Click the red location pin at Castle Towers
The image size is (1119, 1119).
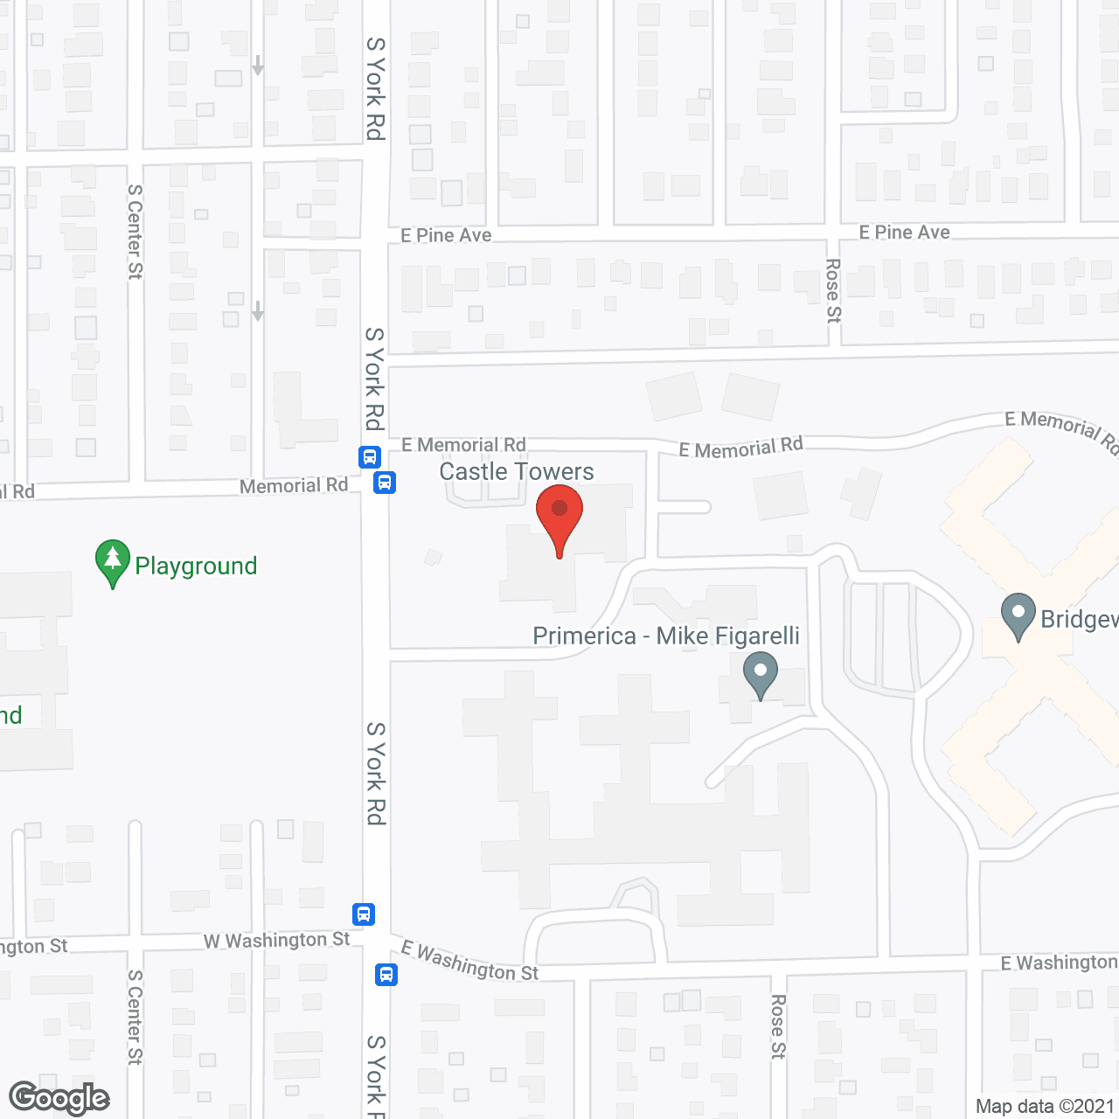coord(559,517)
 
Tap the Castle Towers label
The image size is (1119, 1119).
coord(516,472)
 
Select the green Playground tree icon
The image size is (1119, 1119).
coord(112,562)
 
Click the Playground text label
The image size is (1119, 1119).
coord(196,566)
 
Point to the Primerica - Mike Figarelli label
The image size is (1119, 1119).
coord(666,636)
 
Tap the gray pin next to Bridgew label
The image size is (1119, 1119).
coord(1018,615)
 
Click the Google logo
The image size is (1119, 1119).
coord(59,1098)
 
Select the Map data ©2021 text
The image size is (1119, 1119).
coord(1046,1107)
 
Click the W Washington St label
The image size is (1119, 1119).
coord(276,941)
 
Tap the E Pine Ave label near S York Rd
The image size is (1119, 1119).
coord(446,235)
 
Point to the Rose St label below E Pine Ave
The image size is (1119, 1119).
coord(833,290)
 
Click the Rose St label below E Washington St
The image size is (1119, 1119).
coord(778,1026)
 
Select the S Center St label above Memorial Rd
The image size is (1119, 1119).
coord(135,232)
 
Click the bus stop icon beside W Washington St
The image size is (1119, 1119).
coord(365,914)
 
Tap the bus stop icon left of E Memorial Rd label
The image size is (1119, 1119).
coord(370,456)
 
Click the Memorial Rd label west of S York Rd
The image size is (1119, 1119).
coord(294,486)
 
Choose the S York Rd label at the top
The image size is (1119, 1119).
coord(375,88)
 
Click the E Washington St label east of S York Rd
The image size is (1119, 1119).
coord(469,962)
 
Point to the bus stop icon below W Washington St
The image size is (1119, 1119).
coord(386,974)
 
